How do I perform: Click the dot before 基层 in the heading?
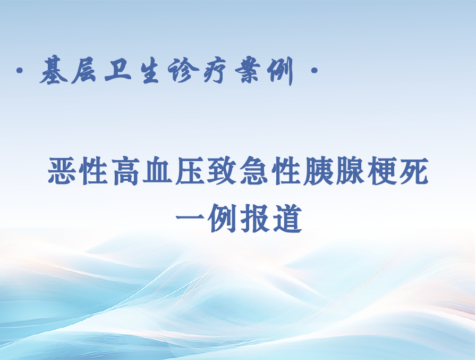20,71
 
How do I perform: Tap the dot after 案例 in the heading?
314,71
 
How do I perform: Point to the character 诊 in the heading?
184,71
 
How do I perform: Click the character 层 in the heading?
85,71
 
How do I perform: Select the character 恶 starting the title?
62,171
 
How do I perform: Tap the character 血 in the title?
158,171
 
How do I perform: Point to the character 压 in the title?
190,171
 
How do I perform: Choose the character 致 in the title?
222,171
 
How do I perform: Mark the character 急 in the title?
254,171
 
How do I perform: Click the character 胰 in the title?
318,171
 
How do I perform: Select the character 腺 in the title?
350,171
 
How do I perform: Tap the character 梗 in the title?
381,171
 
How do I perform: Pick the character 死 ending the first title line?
414,171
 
